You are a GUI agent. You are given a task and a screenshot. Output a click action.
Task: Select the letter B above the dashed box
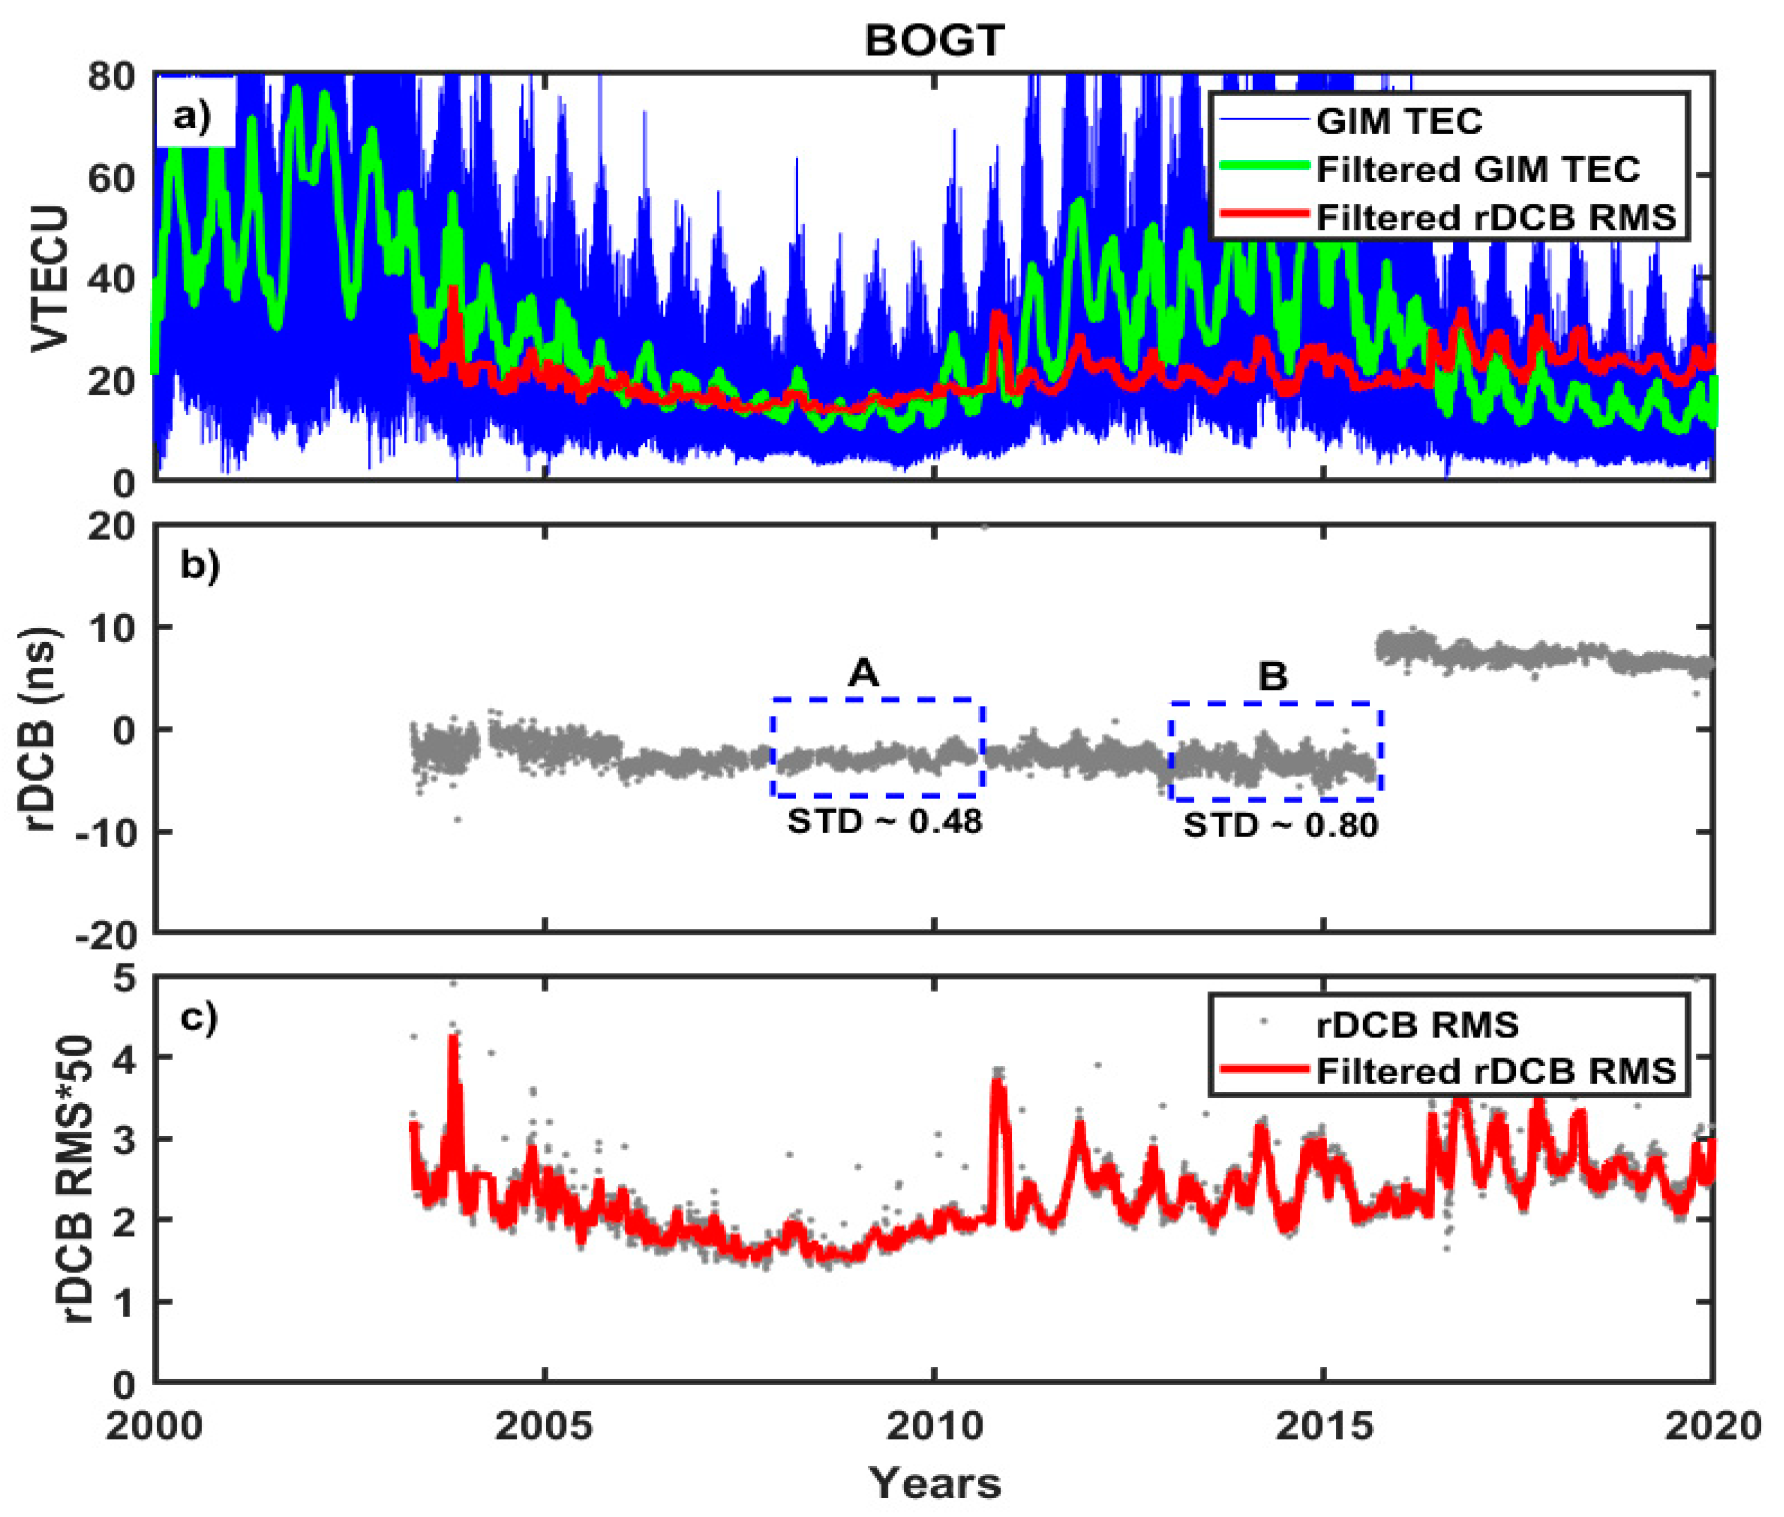[x=1272, y=677]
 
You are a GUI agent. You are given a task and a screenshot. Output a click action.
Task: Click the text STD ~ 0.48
[x=885, y=821]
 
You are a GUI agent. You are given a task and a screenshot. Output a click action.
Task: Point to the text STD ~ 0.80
[x=1280, y=825]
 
